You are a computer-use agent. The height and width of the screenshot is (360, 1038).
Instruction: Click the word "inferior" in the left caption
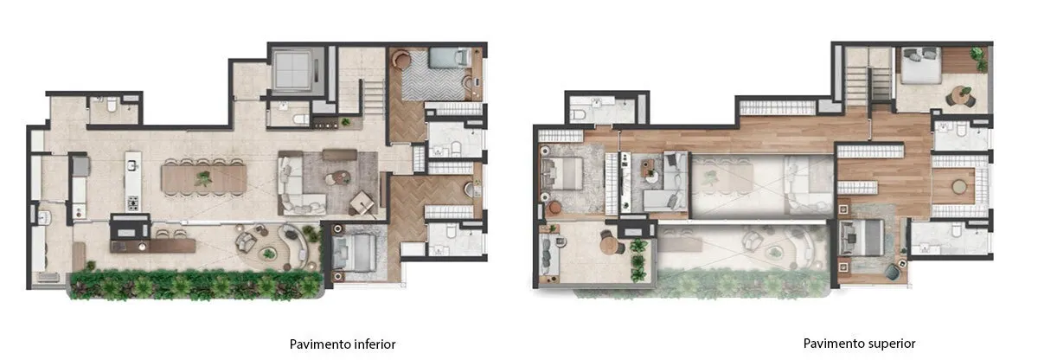pyautogui.click(x=375, y=344)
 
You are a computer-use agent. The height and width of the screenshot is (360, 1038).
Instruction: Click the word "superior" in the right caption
pyautogui.click(x=893, y=344)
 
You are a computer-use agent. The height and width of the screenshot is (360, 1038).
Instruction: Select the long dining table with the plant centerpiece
pyautogui.click(x=204, y=179)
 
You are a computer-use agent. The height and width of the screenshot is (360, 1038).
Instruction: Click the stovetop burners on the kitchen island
pyautogui.click(x=133, y=203)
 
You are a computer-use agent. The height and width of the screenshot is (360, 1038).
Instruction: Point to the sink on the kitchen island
pyautogui.click(x=132, y=164)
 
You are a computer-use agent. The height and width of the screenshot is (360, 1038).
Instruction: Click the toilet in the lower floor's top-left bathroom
pyautogui.click(x=112, y=106)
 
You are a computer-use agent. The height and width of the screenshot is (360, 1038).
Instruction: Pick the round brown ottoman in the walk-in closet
pyautogui.click(x=959, y=186)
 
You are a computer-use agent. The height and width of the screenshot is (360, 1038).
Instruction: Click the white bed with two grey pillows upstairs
pyautogui.click(x=920, y=65)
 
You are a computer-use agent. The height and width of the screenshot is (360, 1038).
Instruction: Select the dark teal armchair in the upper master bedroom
pyautogui.click(x=893, y=272)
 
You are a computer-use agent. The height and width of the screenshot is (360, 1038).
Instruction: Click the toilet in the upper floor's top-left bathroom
pyautogui.click(x=580, y=114)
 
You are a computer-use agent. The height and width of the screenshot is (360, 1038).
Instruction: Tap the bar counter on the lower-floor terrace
pyautogui.click(x=153, y=246)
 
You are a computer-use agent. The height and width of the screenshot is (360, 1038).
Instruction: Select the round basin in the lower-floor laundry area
pyautogui.click(x=44, y=217)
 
